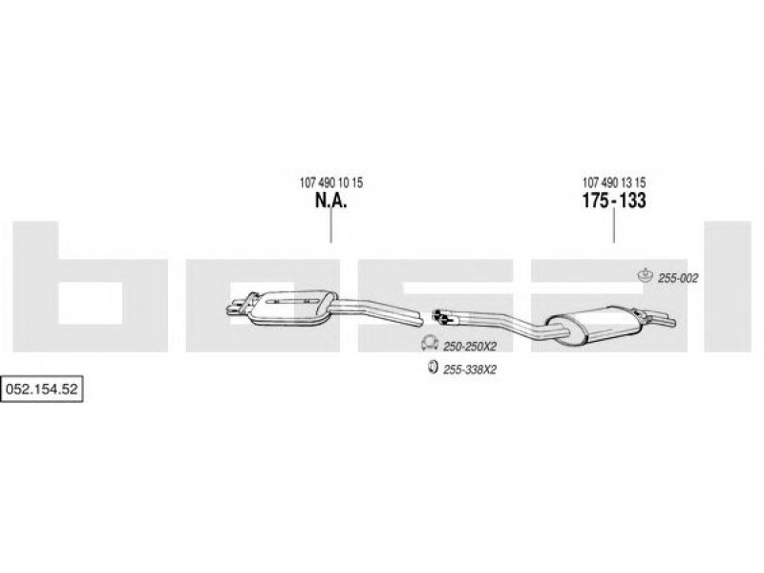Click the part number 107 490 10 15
pyautogui.click(x=330, y=182)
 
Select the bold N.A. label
pyautogui.click(x=330, y=201)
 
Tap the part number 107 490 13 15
pyautogui.click(x=614, y=182)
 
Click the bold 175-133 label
pyautogui.click(x=614, y=201)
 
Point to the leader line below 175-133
pyautogui.click(x=613, y=226)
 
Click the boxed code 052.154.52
pyautogui.click(x=42, y=389)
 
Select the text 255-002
pyautogui.click(x=678, y=278)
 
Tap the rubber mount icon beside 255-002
pyautogui.click(x=646, y=275)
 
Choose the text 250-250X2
pyautogui.click(x=470, y=347)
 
